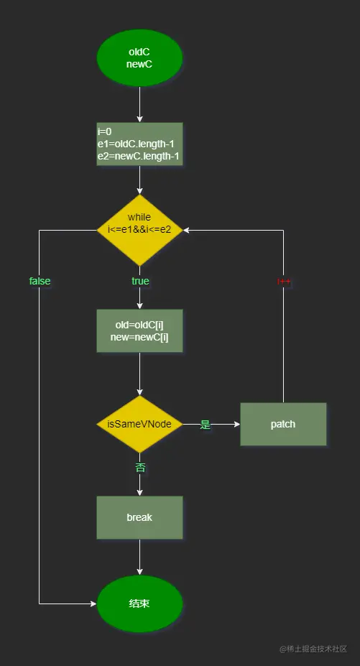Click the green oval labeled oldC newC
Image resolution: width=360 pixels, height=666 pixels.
click(x=139, y=57)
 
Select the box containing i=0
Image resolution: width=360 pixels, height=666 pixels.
click(x=139, y=144)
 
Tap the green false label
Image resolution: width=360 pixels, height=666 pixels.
click(x=40, y=281)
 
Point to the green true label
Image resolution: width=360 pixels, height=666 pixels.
click(x=140, y=281)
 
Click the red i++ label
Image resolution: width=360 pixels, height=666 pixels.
click(x=284, y=281)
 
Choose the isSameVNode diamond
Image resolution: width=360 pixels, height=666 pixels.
click(x=139, y=424)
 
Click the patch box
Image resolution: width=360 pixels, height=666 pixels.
click(x=283, y=424)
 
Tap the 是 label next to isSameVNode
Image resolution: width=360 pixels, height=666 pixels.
click(x=205, y=425)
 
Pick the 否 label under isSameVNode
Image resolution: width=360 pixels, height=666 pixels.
click(x=140, y=468)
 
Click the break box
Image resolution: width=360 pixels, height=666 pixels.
click(x=139, y=517)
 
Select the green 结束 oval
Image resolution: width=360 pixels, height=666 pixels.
click(x=139, y=603)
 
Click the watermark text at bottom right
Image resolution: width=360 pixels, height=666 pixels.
click(x=313, y=649)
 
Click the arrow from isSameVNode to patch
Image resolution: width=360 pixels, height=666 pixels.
click(x=223, y=424)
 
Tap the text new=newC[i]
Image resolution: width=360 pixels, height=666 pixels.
click(x=139, y=338)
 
